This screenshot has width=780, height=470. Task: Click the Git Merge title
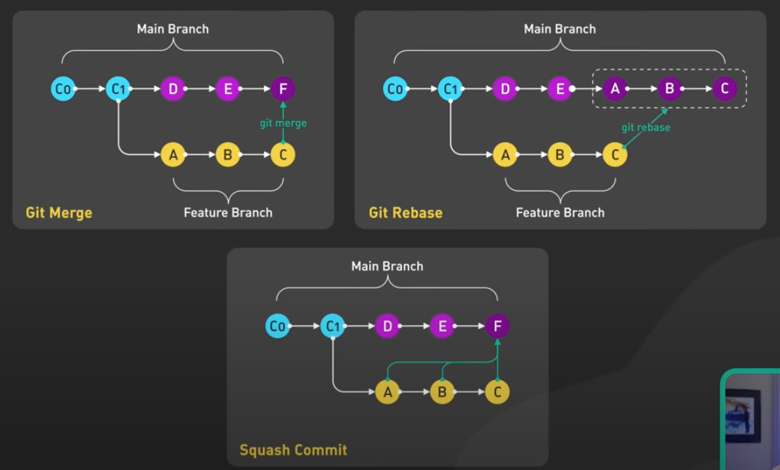pos(59,213)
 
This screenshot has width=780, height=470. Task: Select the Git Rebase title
pos(405,213)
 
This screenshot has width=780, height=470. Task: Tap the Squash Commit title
pos(293,450)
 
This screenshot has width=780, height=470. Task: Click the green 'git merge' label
pos(283,123)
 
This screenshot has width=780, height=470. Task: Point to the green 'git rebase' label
pos(646,128)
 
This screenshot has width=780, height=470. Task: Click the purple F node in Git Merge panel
pos(282,89)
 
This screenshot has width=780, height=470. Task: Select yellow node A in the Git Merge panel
pos(173,155)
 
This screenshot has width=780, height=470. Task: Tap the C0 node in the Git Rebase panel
pos(395,89)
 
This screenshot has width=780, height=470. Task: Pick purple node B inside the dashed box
pos(670,89)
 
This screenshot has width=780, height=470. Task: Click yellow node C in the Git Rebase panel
pos(614,155)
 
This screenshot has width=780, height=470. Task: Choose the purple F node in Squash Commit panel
pos(497,327)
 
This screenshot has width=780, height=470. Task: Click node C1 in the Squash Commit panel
pos(333,327)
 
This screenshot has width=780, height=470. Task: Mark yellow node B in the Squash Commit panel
pos(442,392)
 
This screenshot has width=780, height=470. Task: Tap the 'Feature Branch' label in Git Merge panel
pos(228,213)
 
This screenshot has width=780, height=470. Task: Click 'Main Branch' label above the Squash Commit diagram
pos(387,266)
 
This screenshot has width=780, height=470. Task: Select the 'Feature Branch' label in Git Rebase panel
pos(560,213)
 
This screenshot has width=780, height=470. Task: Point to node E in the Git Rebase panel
pos(560,89)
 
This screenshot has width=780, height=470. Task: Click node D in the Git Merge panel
pos(173,89)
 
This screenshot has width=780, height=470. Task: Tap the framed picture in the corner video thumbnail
pos(743,416)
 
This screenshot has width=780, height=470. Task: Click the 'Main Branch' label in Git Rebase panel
pos(560,29)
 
